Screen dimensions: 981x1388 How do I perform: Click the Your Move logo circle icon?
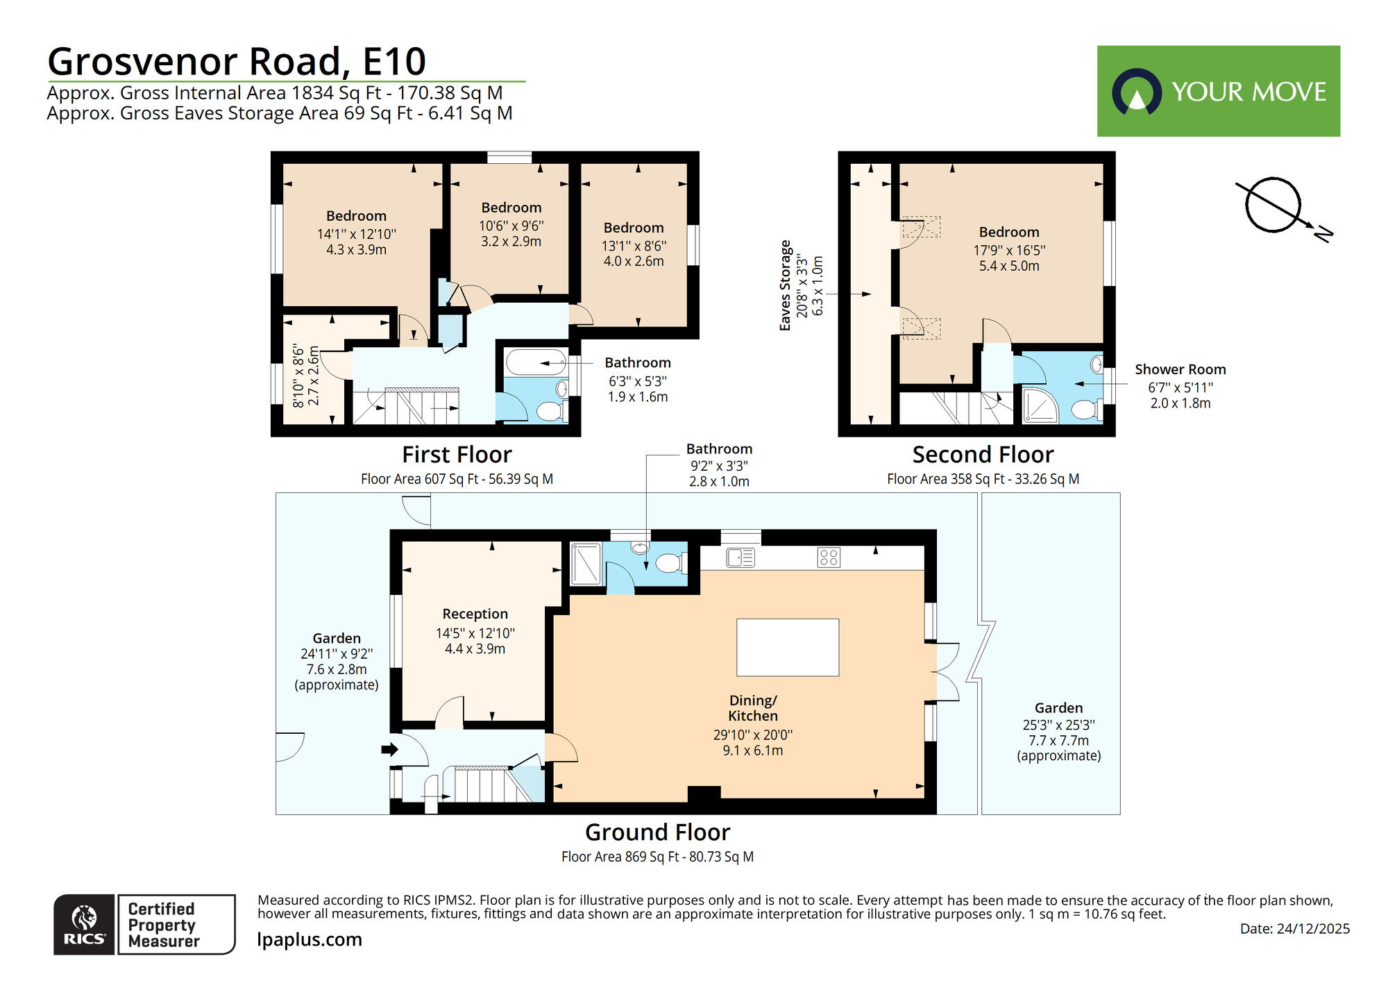[1136, 92]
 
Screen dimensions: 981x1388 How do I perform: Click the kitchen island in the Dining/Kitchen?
[787, 647]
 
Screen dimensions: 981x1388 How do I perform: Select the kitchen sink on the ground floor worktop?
[740, 557]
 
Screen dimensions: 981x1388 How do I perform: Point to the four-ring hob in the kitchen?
[829, 557]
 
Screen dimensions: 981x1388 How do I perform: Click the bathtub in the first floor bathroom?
[536, 362]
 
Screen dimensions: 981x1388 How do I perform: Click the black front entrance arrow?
[389, 749]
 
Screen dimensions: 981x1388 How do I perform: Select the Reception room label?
[475, 614]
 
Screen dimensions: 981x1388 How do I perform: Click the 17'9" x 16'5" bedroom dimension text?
[1009, 250]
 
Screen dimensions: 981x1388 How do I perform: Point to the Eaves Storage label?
[785, 285]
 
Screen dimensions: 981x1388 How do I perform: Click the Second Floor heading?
[983, 455]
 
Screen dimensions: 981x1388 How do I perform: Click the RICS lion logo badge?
[84, 925]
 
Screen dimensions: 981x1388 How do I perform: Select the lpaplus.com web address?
[310, 939]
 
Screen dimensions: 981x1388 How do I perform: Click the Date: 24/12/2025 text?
[1294, 929]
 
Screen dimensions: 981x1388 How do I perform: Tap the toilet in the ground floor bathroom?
[669, 562]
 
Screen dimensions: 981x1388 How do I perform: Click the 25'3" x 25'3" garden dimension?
[1058, 725]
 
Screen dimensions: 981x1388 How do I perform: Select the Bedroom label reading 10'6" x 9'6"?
[511, 208]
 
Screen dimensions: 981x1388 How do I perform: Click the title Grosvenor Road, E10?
[237, 61]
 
